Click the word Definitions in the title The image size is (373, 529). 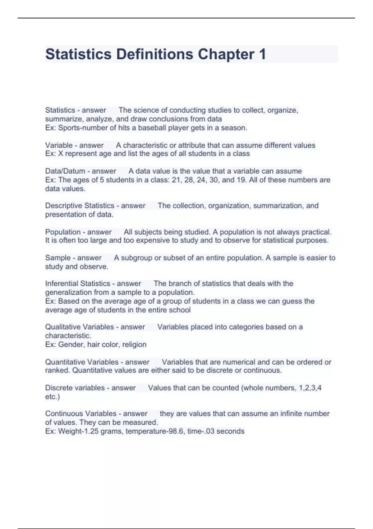tap(155, 54)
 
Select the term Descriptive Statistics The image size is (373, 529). tap(80, 206)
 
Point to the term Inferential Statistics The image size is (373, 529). tap(77, 283)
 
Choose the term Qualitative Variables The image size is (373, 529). tap(80, 327)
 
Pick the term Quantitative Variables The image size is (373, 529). tap(82, 362)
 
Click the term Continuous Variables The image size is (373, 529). tap(81, 414)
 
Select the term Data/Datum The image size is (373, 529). tap(65, 171)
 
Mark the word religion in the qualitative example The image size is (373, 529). tap(134, 344)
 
